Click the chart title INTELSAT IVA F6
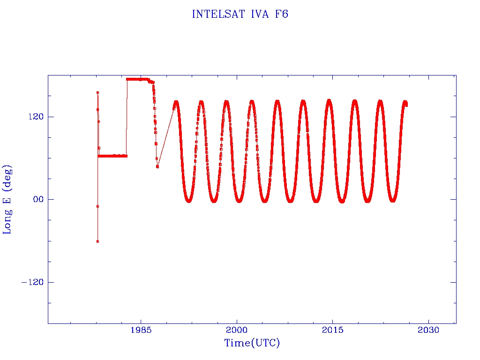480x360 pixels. pos(240,15)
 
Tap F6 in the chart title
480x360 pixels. pos(282,15)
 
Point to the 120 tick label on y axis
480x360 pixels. pos(36,117)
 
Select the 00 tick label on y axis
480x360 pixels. pos(38,199)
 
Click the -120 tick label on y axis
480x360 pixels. pos(32,282)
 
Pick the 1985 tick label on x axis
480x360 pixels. pos(141,330)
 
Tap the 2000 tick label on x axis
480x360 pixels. pos(237,330)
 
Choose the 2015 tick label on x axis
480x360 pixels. pos(332,330)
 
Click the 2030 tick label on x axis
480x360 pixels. pos(428,330)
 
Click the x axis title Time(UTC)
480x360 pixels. pos(252,343)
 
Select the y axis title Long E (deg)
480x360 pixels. pos(7,200)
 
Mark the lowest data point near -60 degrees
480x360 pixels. pos(97,241)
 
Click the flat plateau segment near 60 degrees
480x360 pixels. pos(112,156)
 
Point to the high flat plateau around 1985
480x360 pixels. pos(137,79)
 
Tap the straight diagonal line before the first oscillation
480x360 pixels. pos(165,137)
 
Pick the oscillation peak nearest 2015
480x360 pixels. pos(329,101)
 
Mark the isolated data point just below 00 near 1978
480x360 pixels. pos(97,206)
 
